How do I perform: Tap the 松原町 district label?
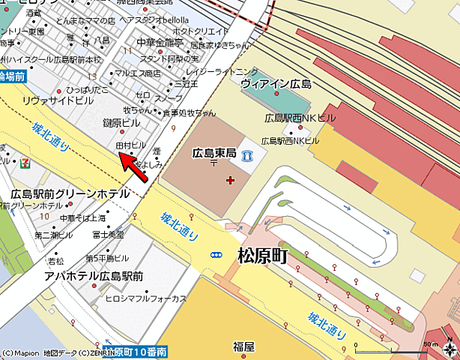[262, 255]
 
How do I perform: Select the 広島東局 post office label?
[214, 152]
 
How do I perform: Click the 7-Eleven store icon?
[26, 160]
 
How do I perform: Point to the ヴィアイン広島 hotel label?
[276, 83]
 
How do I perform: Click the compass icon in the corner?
[449, 349]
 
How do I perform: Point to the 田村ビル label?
[130, 143]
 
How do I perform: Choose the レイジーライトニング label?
[216, 72]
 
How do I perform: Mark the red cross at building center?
[229, 179]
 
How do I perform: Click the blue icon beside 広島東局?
[247, 157]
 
